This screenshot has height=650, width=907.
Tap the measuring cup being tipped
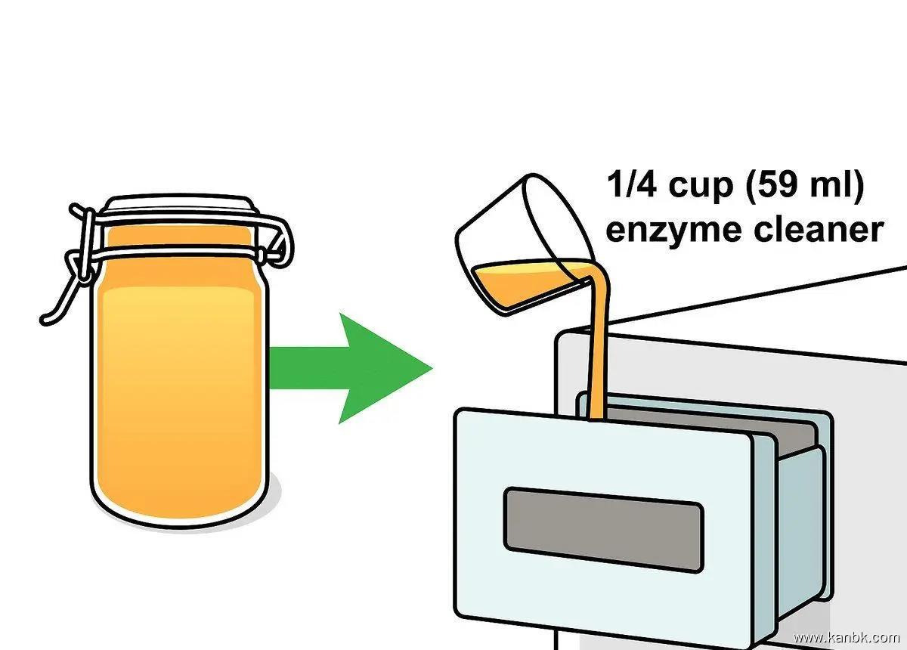(x=522, y=242)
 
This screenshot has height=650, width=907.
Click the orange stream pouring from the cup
(x=600, y=340)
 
